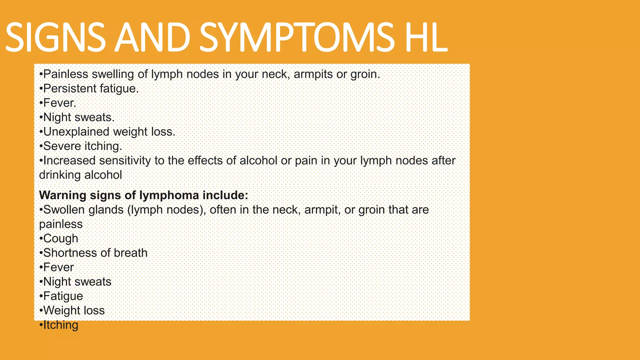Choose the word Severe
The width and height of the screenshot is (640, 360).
[x=62, y=146]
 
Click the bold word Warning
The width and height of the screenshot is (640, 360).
[x=62, y=195]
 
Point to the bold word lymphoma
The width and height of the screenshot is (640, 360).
[x=169, y=195]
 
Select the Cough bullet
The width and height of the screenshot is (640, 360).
[x=60, y=238]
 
